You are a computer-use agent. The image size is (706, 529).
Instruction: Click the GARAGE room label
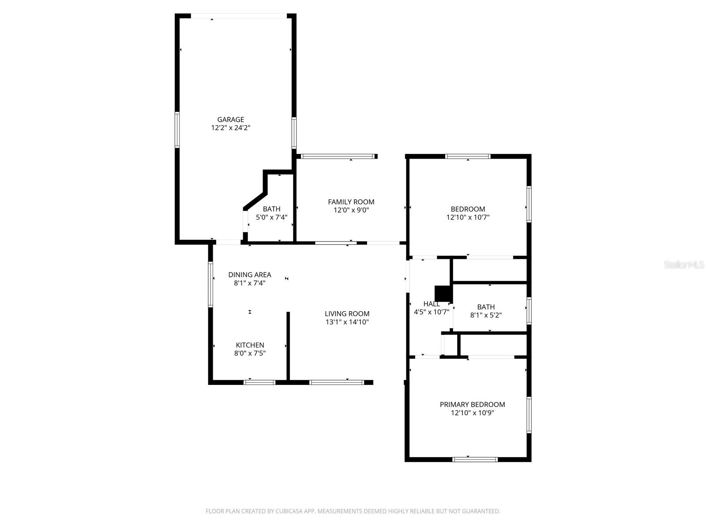point(230,119)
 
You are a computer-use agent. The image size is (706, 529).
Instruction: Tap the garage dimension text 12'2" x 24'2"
point(230,128)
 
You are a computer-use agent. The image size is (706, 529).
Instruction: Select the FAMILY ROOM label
point(351,202)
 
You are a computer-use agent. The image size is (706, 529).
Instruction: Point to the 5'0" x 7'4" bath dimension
point(271,217)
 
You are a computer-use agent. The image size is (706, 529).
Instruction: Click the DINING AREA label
point(249,275)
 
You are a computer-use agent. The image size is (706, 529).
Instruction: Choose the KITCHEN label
point(250,345)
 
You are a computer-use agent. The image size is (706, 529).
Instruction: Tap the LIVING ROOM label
point(347,314)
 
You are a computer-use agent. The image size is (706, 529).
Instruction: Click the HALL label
point(431,304)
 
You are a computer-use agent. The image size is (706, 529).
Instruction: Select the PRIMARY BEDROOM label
point(472,404)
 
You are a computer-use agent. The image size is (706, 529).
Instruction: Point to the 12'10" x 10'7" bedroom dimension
point(468,217)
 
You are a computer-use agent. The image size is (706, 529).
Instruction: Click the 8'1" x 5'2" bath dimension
point(486,315)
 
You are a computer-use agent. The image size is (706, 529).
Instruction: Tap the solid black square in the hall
point(443,293)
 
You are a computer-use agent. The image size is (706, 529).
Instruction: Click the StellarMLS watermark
point(684,264)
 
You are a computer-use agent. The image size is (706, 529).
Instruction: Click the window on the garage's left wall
point(177,130)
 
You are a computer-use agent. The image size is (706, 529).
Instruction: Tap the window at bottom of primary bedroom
point(475,459)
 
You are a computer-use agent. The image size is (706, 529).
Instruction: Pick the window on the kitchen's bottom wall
point(259,382)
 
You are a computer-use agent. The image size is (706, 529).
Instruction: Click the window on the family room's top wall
point(337,156)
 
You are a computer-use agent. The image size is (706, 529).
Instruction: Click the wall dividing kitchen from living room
point(288,346)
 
